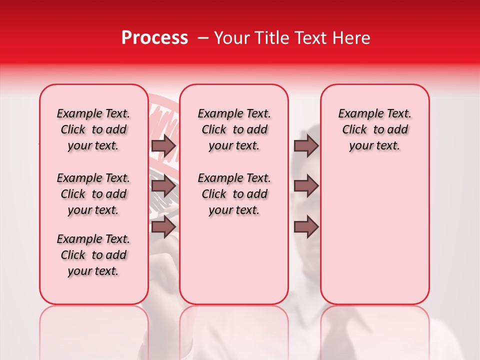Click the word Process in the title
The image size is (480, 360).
coord(154,38)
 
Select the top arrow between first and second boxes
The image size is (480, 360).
coord(163,146)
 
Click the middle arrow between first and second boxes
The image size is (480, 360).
coord(163,186)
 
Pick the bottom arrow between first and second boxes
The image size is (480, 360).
coord(163,226)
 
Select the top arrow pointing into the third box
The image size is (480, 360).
coord(306,146)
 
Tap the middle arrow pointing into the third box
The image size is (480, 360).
coord(306,186)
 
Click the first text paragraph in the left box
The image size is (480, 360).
coord(93,129)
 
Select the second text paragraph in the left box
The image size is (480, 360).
coord(93,194)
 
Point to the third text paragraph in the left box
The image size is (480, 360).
coord(93,255)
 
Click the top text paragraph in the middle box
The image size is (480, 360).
coord(234,129)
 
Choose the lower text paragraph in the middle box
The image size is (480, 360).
coord(234,194)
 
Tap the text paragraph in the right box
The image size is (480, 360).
coord(374,129)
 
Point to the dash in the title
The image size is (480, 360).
coord(201,38)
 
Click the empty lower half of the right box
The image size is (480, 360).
coord(374,240)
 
